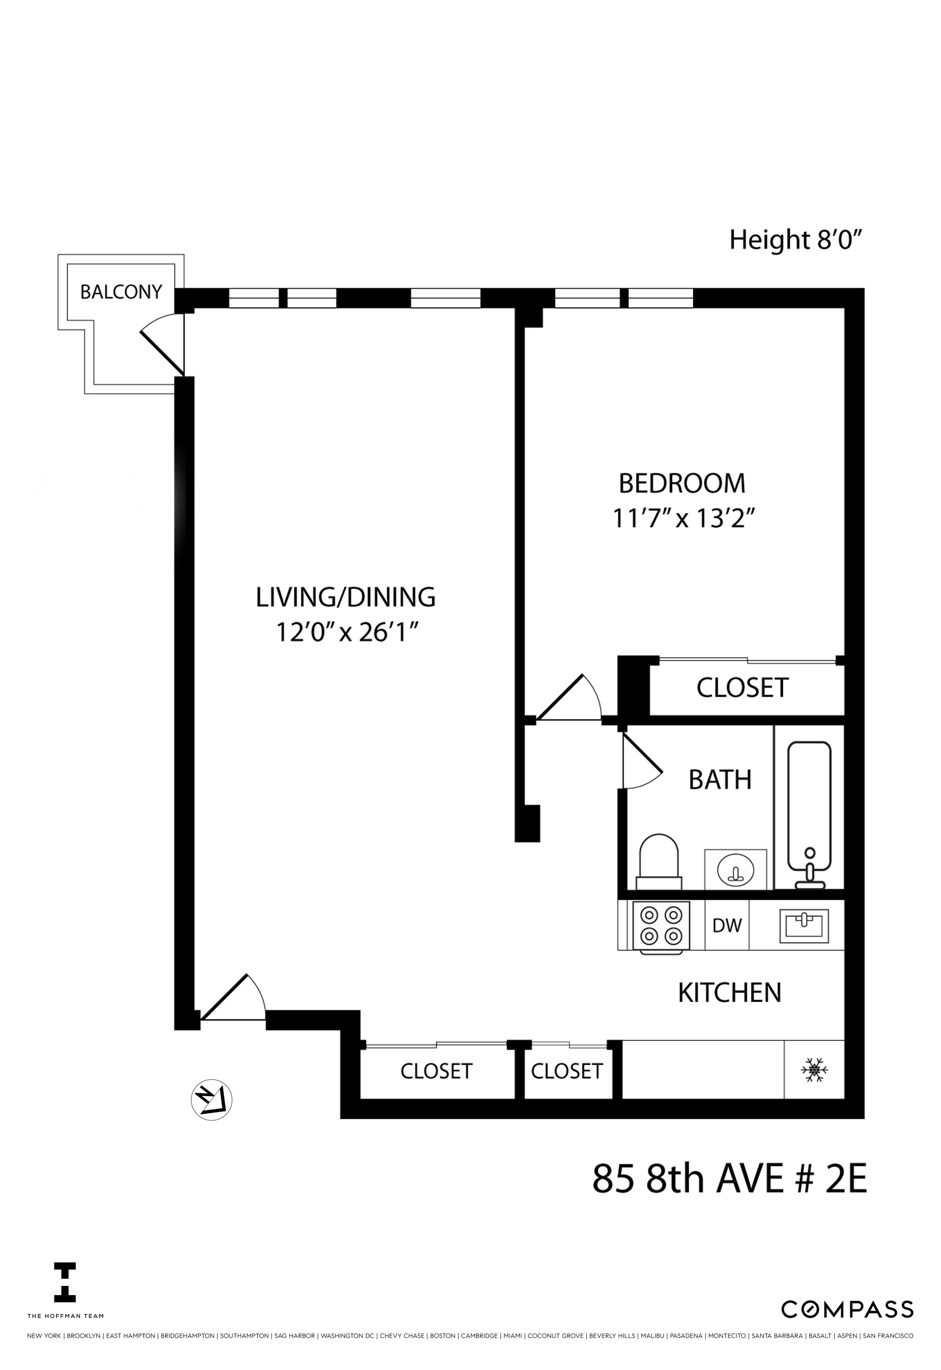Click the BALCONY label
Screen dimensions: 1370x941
[121, 292]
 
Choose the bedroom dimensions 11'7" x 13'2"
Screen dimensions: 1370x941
[684, 520]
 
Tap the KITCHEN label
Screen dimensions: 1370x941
[729, 993]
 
